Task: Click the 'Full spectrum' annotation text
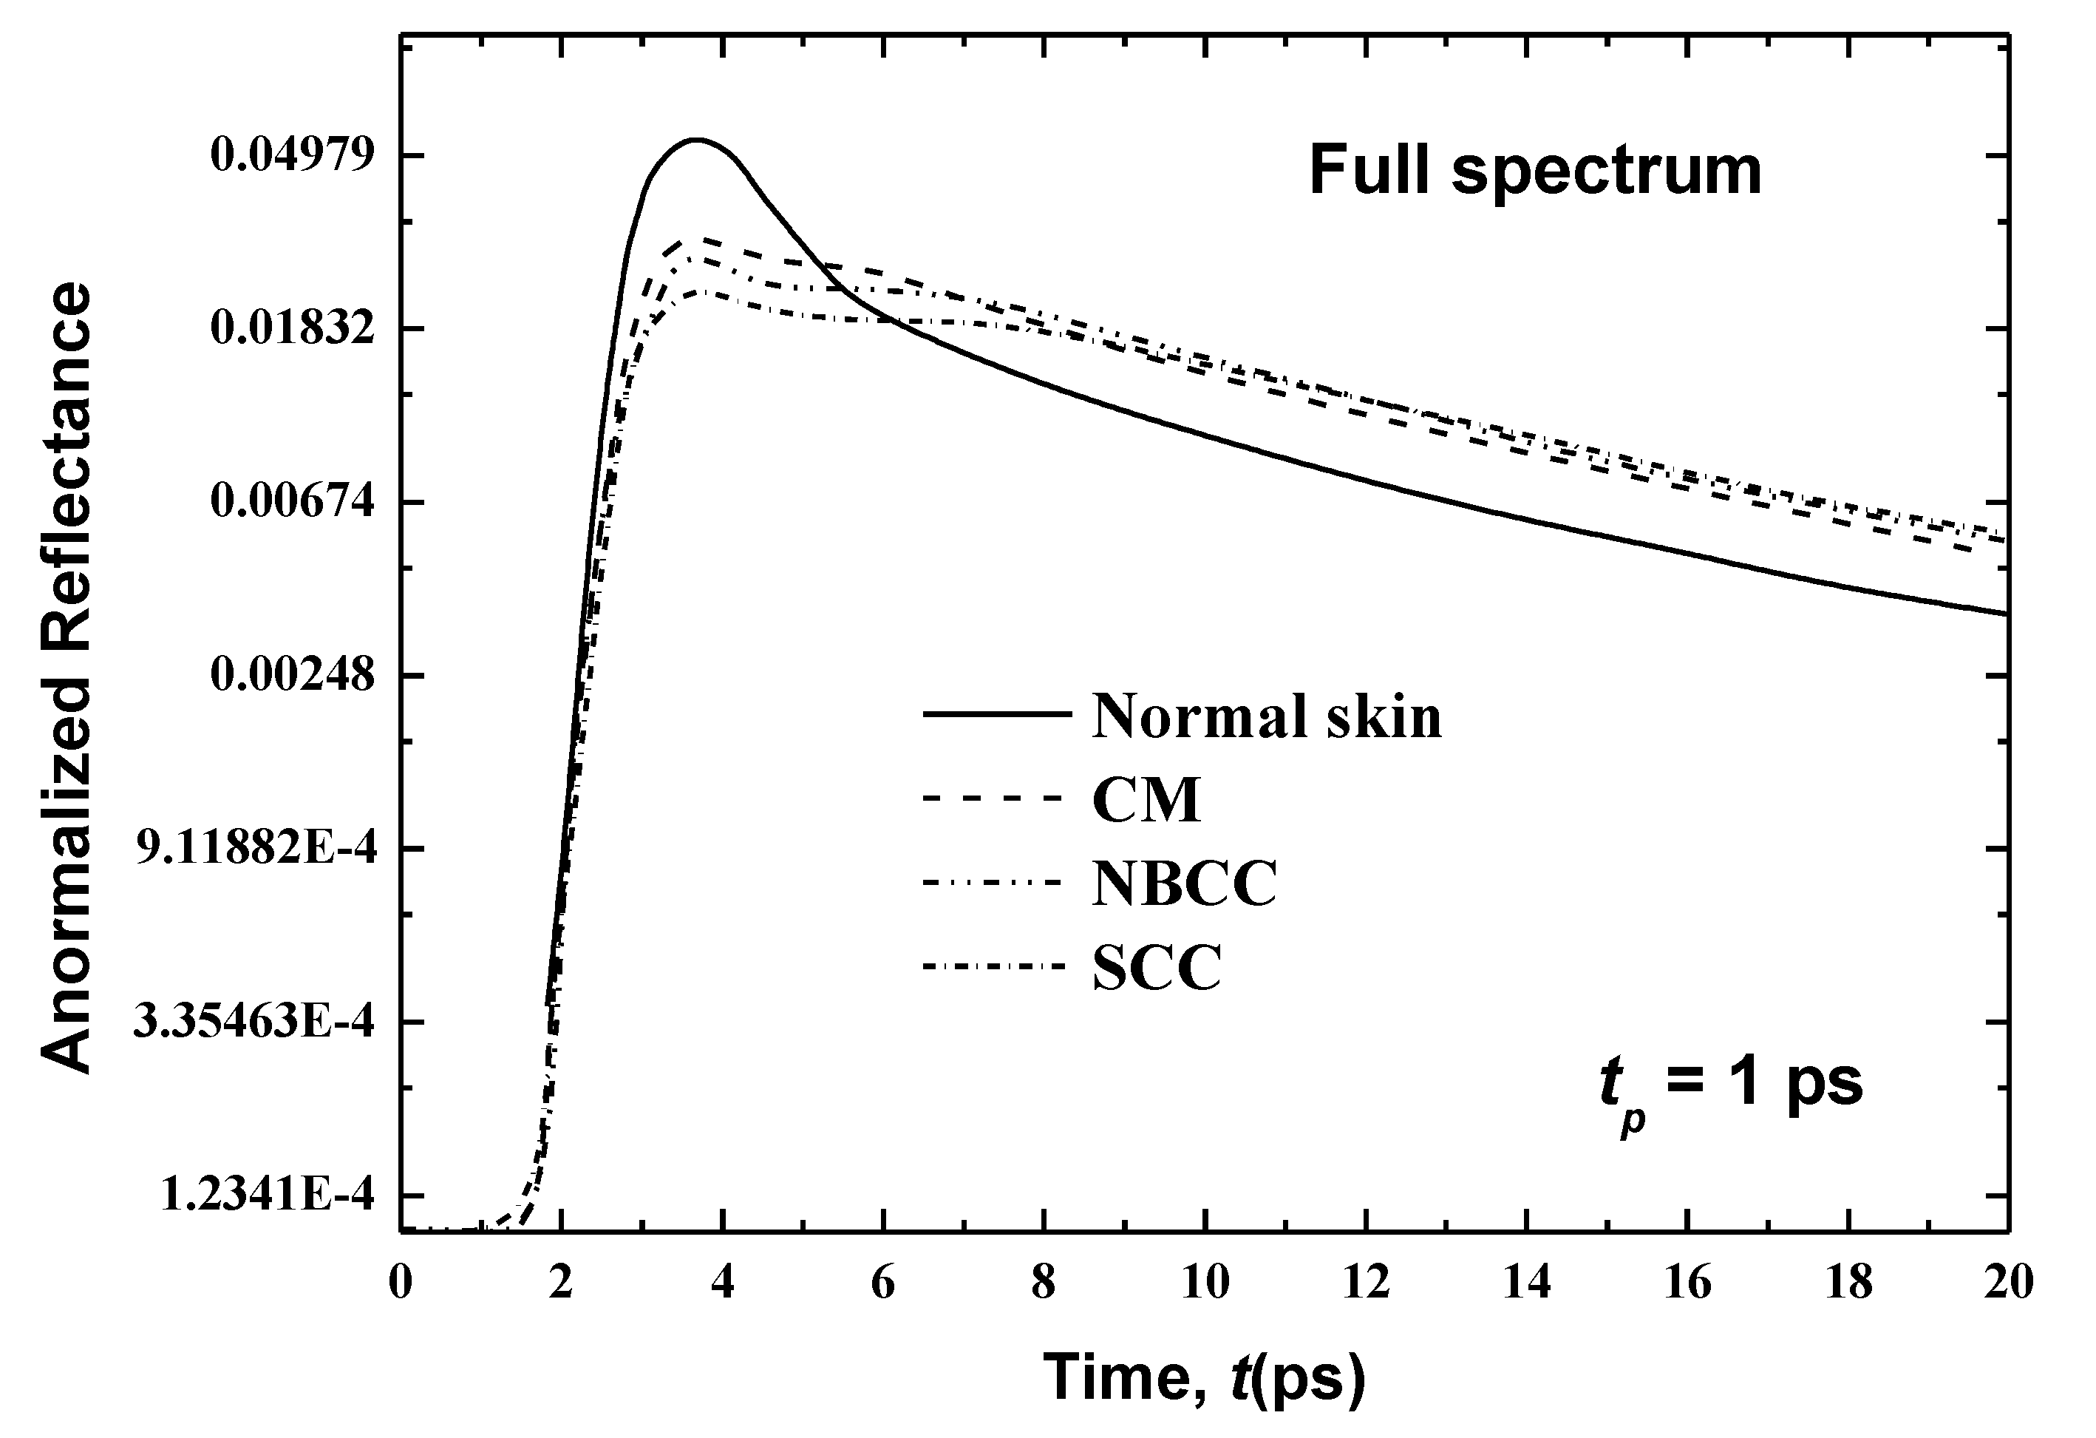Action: [1534, 172]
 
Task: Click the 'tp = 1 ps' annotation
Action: [1731, 1085]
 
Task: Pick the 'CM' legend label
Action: [1146, 799]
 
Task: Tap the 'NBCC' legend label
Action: [1184, 884]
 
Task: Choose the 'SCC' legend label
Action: [1157, 968]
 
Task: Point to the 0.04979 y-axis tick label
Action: [291, 155]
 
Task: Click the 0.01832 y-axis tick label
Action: [291, 328]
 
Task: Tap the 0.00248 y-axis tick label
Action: [291, 675]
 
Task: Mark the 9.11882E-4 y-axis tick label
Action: [254, 849]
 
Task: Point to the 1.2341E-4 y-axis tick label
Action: [266, 1195]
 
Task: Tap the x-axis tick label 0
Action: [401, 1283]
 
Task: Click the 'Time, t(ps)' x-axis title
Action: [1204, 1377]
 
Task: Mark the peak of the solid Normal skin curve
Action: [696, 140]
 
